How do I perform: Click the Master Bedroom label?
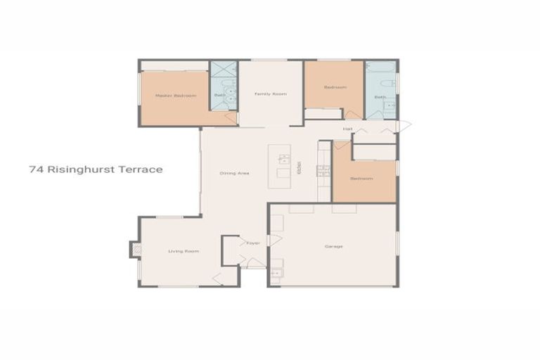click(175, 96)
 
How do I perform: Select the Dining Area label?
click(234, 173)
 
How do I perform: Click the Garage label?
click(333, 246)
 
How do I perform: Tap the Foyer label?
click(252, 243)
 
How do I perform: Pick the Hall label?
click(347, 129)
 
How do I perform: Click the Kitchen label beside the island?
click(299, 168)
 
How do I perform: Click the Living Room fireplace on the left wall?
click(134, 250)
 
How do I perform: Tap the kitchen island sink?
click(283, 160)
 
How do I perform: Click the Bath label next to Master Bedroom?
click(219, 96)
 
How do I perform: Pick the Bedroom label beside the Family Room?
click(335, 87)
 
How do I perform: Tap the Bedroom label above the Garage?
click(362, 179)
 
